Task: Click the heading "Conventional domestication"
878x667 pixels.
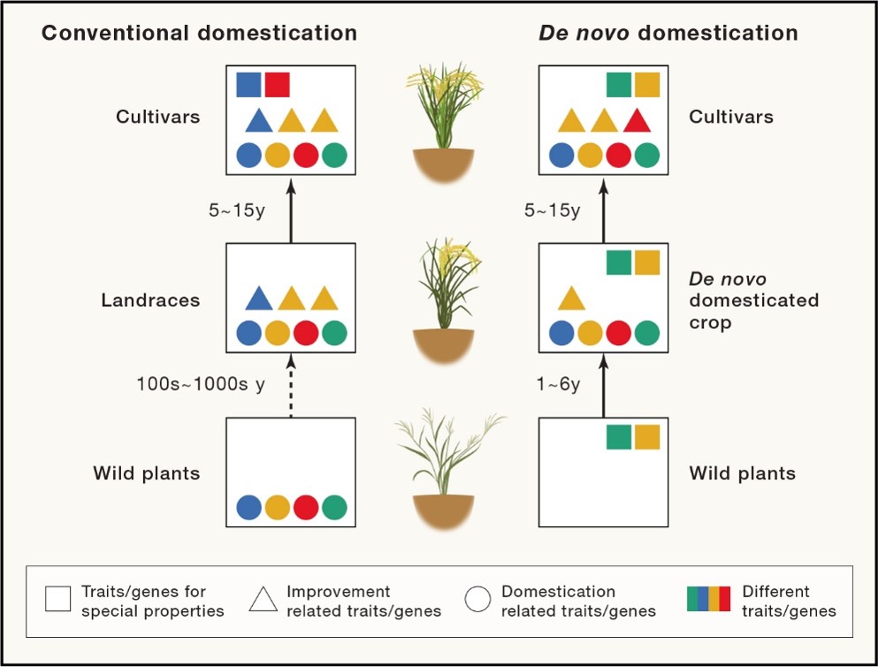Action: coord(199,34)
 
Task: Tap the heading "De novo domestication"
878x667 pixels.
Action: coord(668,34)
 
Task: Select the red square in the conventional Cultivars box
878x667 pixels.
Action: coord(277,84)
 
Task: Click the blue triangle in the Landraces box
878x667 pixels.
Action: coord(257,299)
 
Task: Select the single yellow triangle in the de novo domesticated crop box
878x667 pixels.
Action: coord(571,299)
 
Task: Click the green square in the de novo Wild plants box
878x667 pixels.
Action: coord(618,437)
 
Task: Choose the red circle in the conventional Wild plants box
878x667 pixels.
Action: coord(305,507)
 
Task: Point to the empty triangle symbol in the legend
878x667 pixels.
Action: coord(263,600)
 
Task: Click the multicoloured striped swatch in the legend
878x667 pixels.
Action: coord(708,599)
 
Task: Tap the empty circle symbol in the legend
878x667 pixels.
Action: coord(477,600)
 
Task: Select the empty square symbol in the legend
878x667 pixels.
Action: coord(57,600)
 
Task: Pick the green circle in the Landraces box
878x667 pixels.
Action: coord(334,333)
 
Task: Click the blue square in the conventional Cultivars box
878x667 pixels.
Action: coord(248,84)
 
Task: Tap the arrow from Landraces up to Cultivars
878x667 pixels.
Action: coord(291,209)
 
